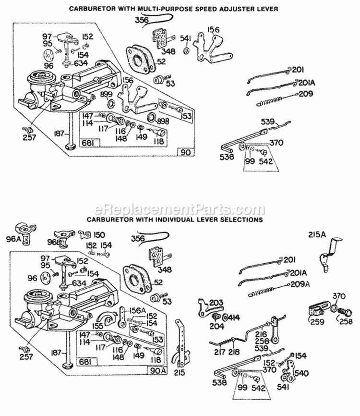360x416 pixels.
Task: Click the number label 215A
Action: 317,234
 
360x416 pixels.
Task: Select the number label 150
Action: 99,235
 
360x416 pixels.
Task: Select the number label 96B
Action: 54,242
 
